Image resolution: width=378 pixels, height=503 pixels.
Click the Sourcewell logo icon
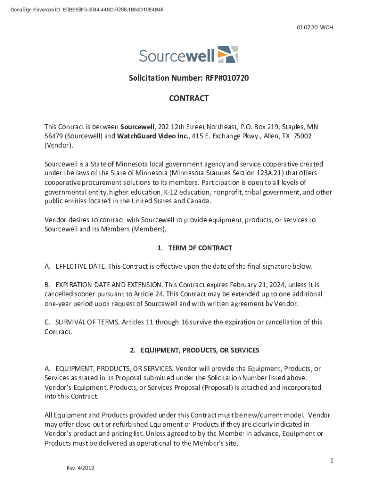click(227, 54)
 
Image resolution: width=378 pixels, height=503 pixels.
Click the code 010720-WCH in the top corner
click(315, 28)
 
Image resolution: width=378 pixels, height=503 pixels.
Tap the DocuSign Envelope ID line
click(83, 10)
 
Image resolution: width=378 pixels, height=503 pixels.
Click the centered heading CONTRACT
click(189, 98)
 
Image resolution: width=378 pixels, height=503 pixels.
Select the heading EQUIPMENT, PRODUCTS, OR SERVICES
click(200, 350)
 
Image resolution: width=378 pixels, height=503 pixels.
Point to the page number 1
click(332, 460)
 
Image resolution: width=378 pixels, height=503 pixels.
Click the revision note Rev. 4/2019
click(81, 468)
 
